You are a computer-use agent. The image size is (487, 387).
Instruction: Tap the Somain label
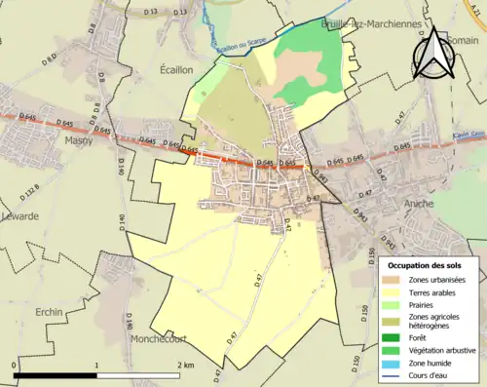point(464,39)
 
